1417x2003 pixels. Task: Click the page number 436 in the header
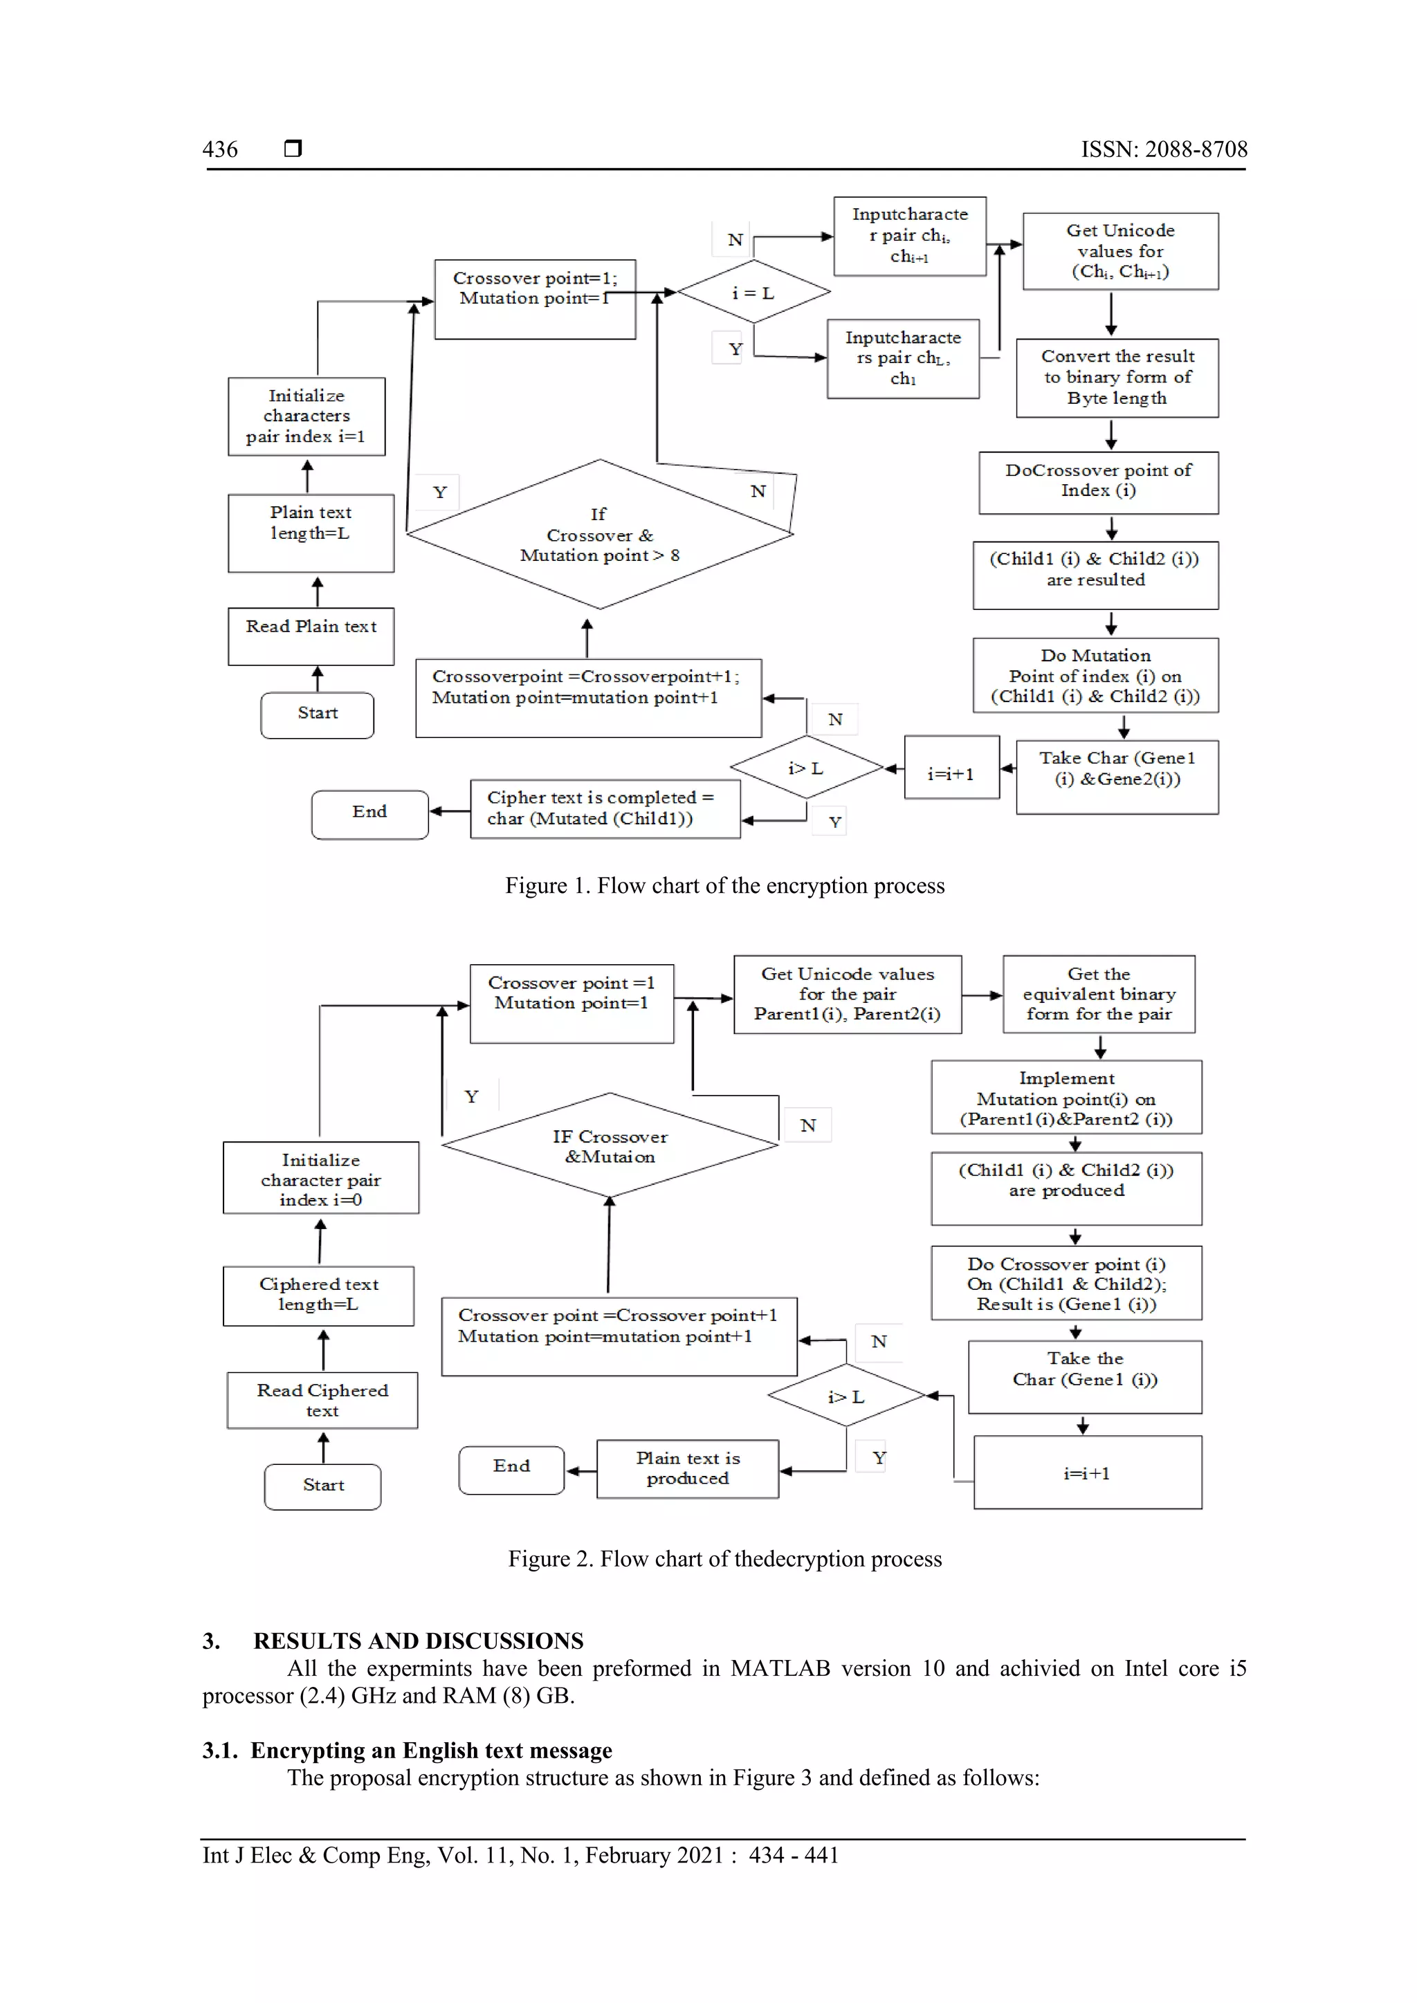tap(220, 149)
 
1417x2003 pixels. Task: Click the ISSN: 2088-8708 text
tap(1163, 149)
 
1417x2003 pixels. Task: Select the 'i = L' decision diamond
tap(753, 293)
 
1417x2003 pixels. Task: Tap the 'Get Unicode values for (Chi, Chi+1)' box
tap(1120, 251)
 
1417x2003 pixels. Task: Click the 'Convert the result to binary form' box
tap(1117, 378)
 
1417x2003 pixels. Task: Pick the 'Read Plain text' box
tap(311, 636)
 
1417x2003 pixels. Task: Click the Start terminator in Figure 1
tap(318, 714)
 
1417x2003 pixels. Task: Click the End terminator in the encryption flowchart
tap(370, 814)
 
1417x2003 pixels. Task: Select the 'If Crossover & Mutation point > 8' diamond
tap(599, 535)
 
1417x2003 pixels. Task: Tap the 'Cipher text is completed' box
tap(605, 809)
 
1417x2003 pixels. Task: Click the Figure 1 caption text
tap(724, 887)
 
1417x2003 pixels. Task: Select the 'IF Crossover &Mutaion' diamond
tap(610, 1145)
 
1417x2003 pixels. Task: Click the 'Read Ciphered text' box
tap(322, 1399)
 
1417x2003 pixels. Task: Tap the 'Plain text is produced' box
tap(688, 1468)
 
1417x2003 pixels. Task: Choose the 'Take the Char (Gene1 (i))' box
tap(1085, 1376)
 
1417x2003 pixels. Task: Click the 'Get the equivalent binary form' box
tap(1099, 994)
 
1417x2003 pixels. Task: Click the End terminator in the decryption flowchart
tap(511, 1469)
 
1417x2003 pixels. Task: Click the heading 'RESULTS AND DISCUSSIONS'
tap(418, 1641)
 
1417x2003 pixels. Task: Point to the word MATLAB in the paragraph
tap(780, 1669)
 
